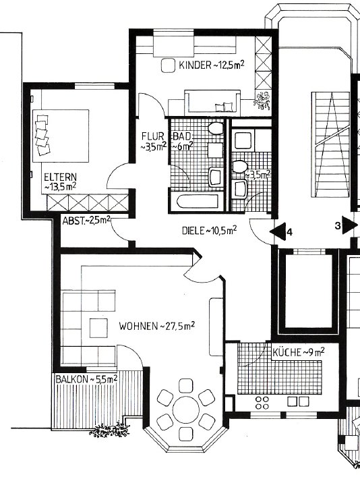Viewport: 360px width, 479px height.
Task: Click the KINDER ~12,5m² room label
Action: point(211,65)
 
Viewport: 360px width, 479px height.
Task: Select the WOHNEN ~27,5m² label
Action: point(157,326)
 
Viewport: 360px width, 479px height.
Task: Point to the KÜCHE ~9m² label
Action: point(298,352)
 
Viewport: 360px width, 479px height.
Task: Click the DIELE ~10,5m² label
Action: point(210,230)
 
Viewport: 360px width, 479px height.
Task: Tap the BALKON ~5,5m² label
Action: point(86,379)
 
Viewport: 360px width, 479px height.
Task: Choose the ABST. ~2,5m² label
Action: point(86,221)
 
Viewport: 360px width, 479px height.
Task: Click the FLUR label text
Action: point(152,136)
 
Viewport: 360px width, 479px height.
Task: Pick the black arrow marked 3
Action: point(349,225)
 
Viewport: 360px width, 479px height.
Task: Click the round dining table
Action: point(185,410)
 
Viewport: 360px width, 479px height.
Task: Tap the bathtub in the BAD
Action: point(198,202)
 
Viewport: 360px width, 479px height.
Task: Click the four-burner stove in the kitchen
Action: point(262,403)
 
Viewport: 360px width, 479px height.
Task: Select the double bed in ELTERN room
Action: point(61,136)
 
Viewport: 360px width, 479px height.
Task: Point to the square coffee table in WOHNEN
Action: point(98,328)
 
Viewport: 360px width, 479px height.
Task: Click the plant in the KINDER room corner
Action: point(262,101)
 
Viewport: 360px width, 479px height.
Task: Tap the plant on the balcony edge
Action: point(110,430)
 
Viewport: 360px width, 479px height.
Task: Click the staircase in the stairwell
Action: point(331,144)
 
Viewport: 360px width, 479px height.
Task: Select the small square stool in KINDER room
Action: point(168,65)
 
